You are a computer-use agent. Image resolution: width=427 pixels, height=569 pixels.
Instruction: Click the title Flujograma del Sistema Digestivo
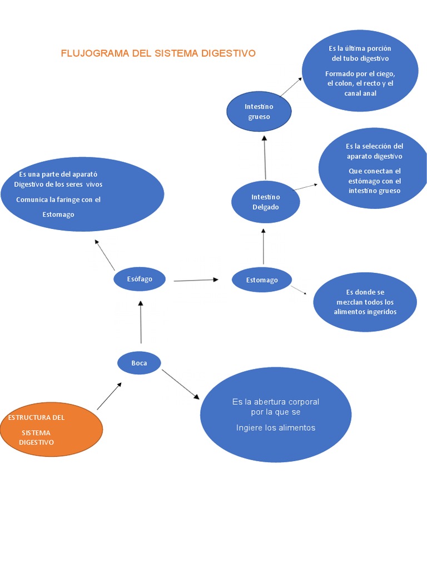158,53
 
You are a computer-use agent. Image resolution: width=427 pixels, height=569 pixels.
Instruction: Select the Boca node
139,363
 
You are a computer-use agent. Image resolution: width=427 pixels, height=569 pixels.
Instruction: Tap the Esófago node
140,279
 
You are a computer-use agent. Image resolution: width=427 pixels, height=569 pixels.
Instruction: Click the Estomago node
262,279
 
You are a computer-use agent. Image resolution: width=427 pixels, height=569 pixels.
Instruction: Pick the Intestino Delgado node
265,202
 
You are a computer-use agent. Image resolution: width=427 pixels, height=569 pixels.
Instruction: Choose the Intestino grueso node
259,112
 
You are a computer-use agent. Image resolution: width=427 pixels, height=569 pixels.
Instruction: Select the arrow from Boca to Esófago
141,322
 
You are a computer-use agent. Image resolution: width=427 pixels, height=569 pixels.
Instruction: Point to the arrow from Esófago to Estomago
196,280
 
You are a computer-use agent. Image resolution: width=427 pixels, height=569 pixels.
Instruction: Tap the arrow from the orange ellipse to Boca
109,396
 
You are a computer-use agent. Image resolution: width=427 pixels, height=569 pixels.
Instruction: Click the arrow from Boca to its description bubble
181,384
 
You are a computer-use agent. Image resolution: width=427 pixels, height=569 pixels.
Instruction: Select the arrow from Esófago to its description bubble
105,255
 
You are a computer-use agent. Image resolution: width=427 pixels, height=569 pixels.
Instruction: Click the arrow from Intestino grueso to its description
290,87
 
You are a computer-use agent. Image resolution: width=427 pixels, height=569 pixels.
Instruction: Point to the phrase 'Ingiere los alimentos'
275,427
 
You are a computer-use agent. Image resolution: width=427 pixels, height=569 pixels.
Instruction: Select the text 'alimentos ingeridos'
365,312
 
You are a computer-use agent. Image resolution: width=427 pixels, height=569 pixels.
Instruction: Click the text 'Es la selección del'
374,146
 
